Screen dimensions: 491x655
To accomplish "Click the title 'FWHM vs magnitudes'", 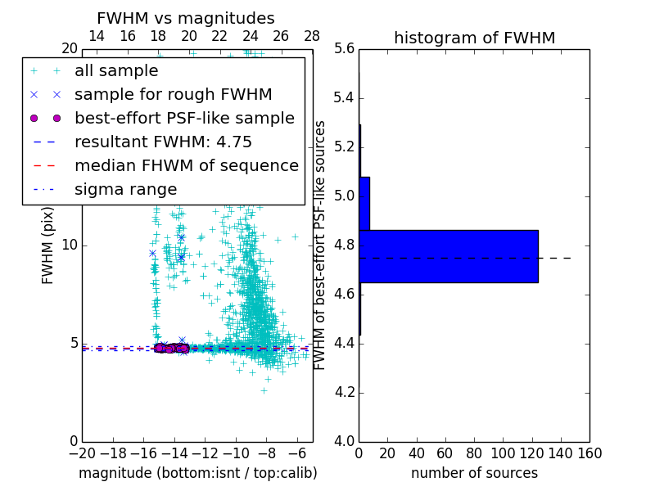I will click(x=186, y=18).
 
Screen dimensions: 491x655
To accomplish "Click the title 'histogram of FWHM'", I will click(x=474, y=38).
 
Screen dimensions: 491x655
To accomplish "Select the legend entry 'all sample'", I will click(x=116, y=71).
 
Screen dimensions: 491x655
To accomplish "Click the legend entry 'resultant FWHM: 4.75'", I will click(x=163, y=142).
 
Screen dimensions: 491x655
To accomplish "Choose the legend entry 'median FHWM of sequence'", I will click(x=186, y=166).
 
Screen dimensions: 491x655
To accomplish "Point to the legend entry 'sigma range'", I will click(x=125, y=190).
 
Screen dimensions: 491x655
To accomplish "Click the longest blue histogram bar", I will click(x=449, y=256).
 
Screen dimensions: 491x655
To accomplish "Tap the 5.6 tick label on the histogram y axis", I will click(x=344, y=49).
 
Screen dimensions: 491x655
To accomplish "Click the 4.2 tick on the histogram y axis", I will click(x=344, y=393).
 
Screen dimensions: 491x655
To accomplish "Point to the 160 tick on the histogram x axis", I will click(x=589, y=453).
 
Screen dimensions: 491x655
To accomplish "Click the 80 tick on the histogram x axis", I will click(x=474, y=453).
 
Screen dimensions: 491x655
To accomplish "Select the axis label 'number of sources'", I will click(x=474, y=473).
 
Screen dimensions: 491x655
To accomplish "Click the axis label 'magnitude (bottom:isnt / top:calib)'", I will click(x=197, y=473).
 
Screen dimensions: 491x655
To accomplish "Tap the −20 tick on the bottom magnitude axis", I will click(x=82, y=453).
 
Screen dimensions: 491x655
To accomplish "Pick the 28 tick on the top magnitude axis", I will click(x=312, y=37).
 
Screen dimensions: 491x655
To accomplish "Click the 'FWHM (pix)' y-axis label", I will click(x=48, y=245).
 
